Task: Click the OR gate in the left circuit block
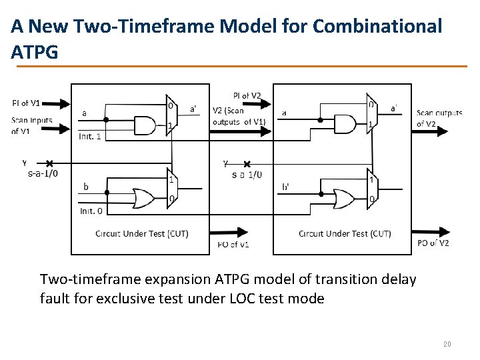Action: click(x=143, y=198)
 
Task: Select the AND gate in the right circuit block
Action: click(x=343, y=124)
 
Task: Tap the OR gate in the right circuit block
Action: click(x=344, y=198)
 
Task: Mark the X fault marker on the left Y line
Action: click(x=49, y=163)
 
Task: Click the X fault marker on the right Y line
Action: click(x=247, y=164)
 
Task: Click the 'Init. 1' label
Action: click(x=91, y=137)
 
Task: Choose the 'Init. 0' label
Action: click(x=91, y=211)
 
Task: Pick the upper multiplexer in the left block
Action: click(x=171, y=115)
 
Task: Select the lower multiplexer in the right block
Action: click(x=371, y=189)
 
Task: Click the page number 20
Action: click(x=447, y=344)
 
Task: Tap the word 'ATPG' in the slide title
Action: click(x=35, y=52)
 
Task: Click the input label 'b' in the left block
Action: click(x=85, y=186)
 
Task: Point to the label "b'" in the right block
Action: click(x=286, y=187)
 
